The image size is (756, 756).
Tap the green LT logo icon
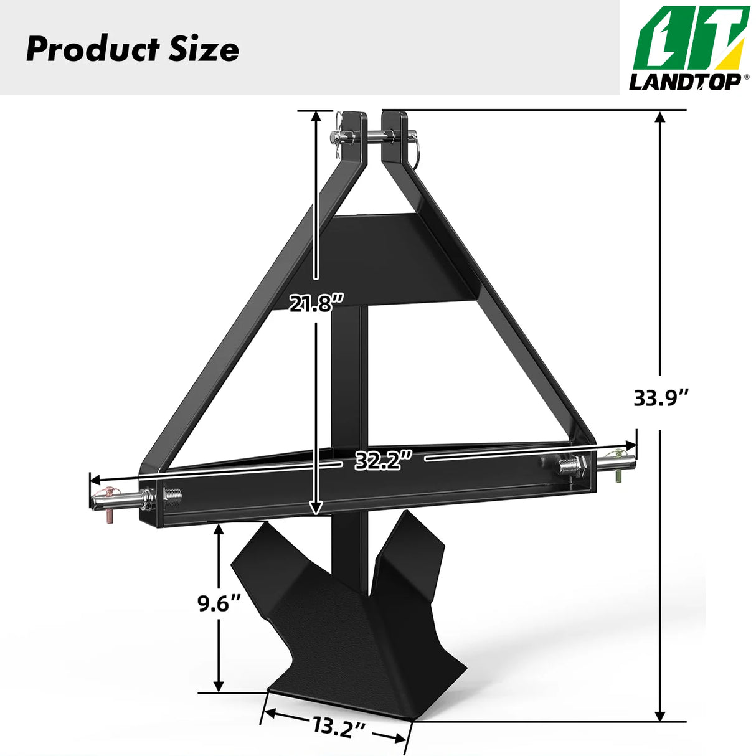pos(690,39)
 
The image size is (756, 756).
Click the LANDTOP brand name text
pos(684,82)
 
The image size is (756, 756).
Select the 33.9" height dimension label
pos(661,397)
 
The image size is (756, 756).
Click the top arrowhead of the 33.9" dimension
pos(661,118)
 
